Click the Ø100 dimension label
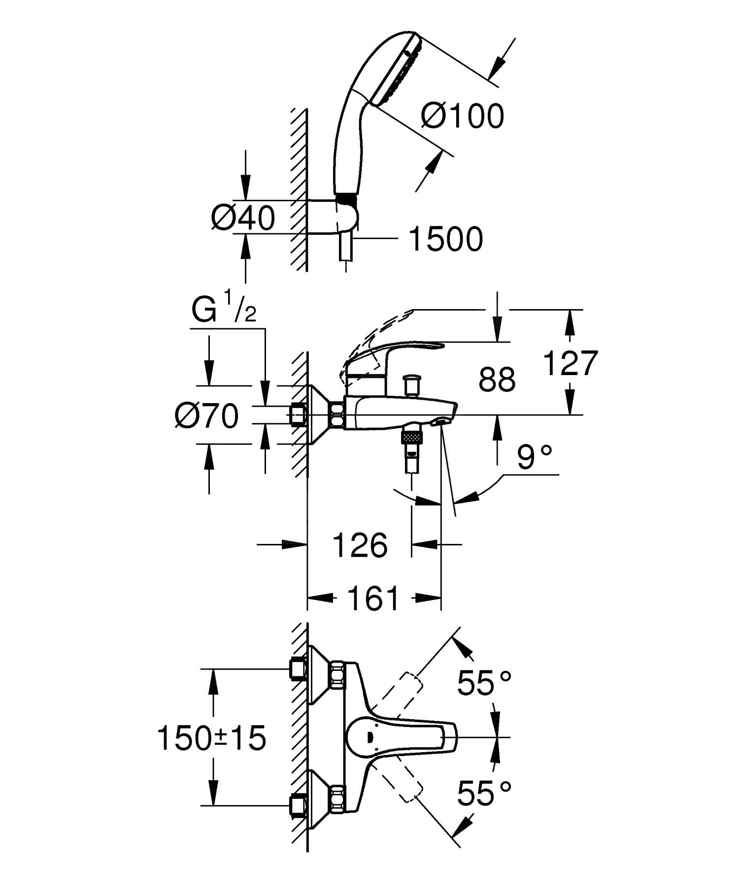[x=463, y=117]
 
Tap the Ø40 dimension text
[x=242, y=218]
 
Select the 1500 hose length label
[x=446, y=240]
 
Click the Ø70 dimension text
[x=206, y=416]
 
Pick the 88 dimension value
[x=497, y=380]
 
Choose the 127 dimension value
[x=570, y=363]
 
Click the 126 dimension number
[x=360, y=545]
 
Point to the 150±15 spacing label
[x=211, y=739]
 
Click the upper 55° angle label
[x=483, y=683]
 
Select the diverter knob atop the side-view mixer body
[x=411, y=383]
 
